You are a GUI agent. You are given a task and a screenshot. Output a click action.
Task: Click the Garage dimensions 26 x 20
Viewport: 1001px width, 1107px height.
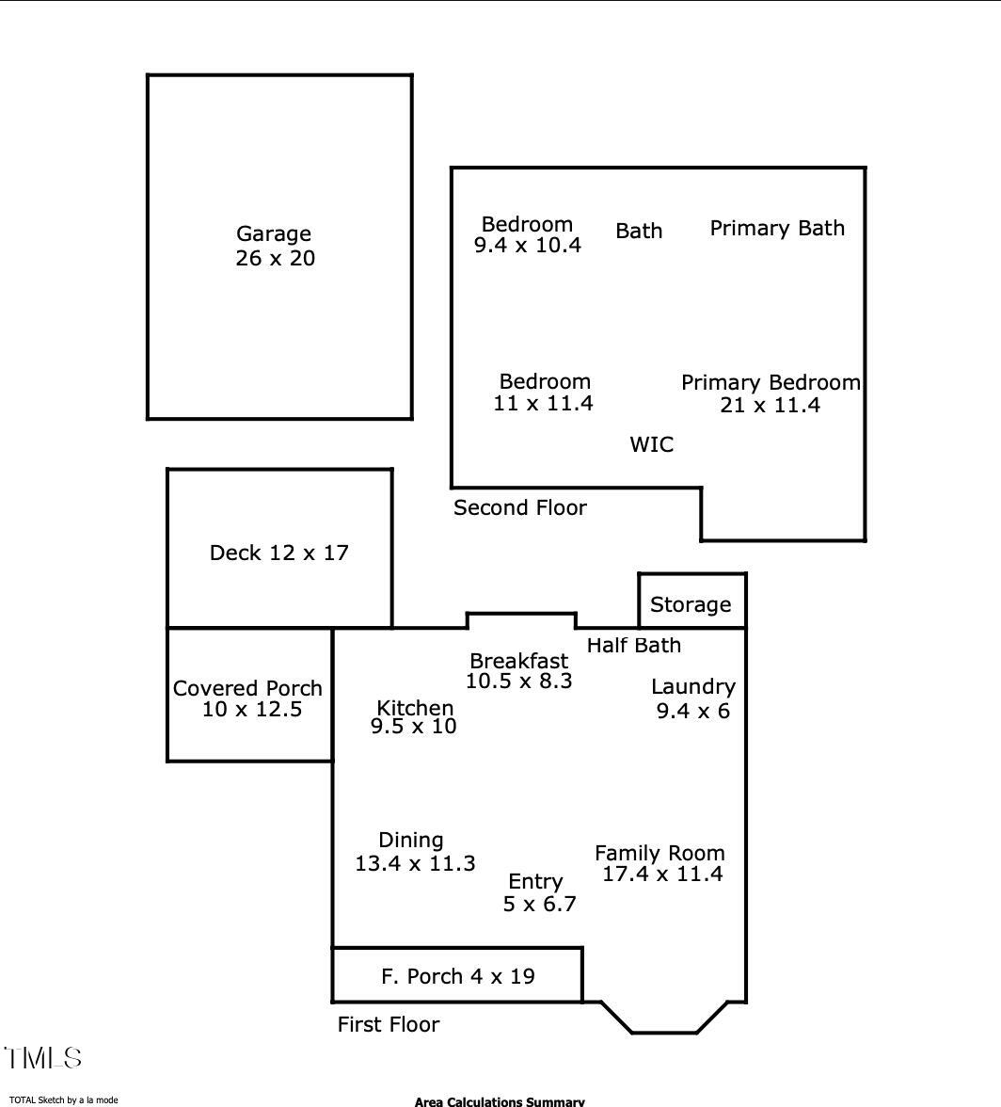275,259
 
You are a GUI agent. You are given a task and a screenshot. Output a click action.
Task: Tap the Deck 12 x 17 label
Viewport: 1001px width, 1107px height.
278,553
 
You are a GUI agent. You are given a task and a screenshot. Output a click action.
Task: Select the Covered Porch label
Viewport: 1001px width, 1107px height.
247,688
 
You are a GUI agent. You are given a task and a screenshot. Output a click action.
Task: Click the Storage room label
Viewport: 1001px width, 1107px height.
691,604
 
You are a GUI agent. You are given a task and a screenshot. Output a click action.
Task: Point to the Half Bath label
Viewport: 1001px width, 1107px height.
633,645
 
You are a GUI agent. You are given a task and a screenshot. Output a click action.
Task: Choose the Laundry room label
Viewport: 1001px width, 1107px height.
692,687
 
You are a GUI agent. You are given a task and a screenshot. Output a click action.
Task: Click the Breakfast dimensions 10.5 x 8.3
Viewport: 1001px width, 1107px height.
518,681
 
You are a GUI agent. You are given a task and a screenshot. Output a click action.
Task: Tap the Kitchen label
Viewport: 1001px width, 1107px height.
415,708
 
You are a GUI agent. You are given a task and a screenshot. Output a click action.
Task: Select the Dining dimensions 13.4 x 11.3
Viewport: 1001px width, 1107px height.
415,862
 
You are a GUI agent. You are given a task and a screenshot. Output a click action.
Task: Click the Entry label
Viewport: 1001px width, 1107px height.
535,882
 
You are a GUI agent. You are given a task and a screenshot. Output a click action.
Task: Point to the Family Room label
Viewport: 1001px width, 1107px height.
659,853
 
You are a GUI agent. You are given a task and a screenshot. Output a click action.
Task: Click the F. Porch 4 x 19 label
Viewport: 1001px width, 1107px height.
458,976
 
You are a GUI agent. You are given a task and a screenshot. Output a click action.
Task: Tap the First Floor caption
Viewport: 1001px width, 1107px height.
389,1024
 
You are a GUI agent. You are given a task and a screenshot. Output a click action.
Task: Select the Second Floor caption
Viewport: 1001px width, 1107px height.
519,508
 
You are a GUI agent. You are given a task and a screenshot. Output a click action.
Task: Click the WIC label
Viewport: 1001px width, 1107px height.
651,444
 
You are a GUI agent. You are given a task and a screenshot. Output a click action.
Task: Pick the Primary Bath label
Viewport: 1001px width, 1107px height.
777,228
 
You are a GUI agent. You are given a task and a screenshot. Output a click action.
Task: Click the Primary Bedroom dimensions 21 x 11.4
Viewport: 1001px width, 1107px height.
770,405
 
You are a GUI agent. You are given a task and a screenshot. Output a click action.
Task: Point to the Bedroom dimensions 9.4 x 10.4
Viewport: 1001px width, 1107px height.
527,246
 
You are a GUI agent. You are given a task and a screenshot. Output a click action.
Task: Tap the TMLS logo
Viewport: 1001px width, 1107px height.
43,1058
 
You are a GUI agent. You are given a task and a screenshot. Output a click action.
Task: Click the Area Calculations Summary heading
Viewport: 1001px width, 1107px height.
500,1101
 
